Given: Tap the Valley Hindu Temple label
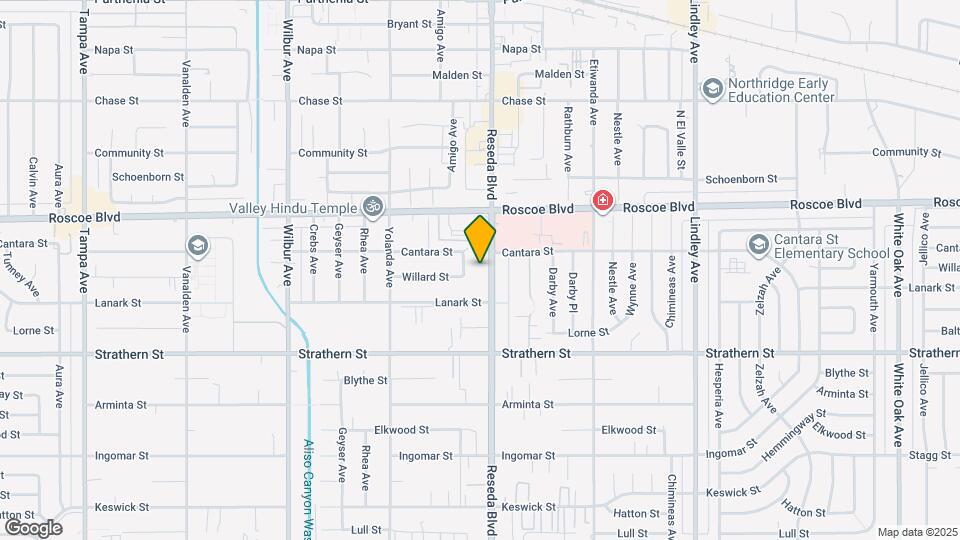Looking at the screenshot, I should point(293,208).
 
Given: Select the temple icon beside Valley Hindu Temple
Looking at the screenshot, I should point(373,207).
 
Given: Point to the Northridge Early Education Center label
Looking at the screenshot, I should point(781,91).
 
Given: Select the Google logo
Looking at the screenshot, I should point(33,527).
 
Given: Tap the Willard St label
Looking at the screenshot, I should point(424,277).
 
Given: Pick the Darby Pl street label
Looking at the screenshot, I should point(573,291).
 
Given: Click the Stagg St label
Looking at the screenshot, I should point(931,456).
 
